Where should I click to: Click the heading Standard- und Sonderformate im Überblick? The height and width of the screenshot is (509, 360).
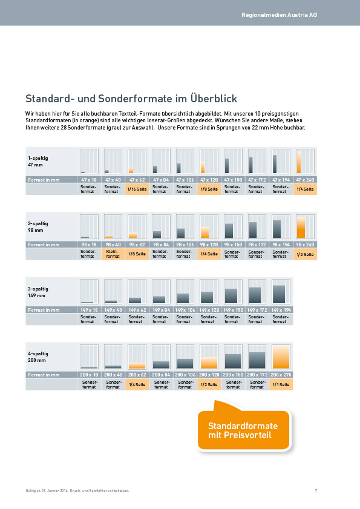131,99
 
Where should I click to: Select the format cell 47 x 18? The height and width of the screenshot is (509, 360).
89,180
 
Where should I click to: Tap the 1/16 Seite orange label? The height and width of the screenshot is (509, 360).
137,189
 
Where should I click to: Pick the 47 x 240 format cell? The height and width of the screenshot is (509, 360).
305,180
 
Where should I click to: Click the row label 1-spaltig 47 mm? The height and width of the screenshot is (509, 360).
38,161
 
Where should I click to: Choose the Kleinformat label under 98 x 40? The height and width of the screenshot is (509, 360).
113,254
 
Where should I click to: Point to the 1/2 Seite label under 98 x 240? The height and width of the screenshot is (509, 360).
305,254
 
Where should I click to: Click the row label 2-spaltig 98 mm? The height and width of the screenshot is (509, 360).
38,226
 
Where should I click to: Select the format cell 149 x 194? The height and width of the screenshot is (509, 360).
281,310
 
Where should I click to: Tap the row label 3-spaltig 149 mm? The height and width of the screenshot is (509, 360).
38,292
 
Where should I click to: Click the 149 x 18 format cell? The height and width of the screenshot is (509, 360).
89,310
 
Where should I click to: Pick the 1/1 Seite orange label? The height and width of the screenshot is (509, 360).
281,384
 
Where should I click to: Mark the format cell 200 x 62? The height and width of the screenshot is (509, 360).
137,375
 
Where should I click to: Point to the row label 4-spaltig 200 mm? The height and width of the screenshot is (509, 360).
38,356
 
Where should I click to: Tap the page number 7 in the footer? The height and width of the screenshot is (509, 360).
316,490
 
